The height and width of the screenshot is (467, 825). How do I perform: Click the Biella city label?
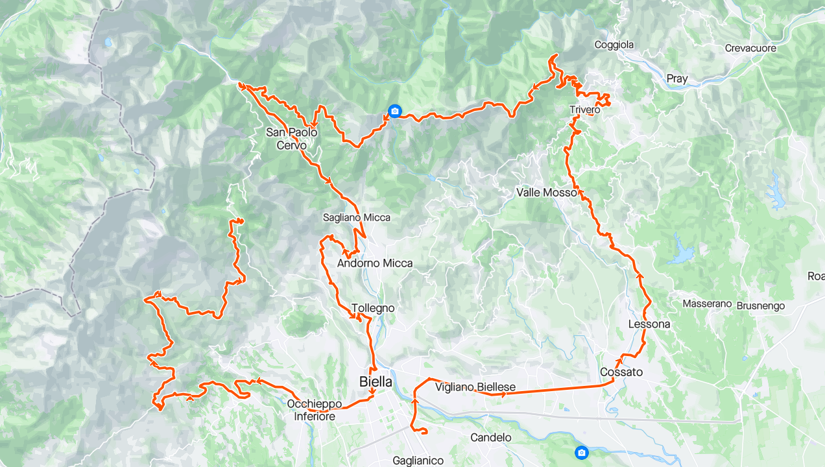pyautogui.click(x=376, y=382)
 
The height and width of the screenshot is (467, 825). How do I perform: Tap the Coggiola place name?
pyautogui.click(x=614, y=45)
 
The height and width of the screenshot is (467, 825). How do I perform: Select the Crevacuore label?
pyautogui.click(x=750, y=48)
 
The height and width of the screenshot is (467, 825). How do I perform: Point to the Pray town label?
pyautogui.click(x=677, y=78)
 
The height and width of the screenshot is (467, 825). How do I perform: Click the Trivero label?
pyautogui.click(x=584, y=110)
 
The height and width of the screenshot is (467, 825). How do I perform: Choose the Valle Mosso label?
pyautogui.click(x=546, y=193)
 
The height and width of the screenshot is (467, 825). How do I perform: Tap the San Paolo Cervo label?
pyautogui.click(x=292, y=139)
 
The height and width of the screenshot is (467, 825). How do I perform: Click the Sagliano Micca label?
pyautogui.click(x=357, y=218)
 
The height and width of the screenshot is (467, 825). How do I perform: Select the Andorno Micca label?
pyautogui.click(x=374, y=263)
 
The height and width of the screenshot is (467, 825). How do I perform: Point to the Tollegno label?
pyautogui.click(x=373, y=308)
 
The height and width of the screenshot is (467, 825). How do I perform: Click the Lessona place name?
pyautogui.click(x=649, y=324)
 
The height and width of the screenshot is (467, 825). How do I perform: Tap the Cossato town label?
pyautogui.click(x=621, y=372)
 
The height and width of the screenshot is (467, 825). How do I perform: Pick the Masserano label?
pyautogui.click(x=707, y=304)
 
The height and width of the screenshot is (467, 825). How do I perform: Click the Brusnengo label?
pyautogui.click(x=761, y=305)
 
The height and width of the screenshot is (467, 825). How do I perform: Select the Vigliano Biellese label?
pyautogui.click(x=475, y=387)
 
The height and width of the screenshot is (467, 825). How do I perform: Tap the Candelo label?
pyautogui.click(x=490, y=437)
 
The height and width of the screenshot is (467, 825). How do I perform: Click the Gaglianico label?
pyautogui.click(x=418, y=461)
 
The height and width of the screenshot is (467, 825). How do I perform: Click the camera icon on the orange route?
pyautogui.click(x=394, y=112)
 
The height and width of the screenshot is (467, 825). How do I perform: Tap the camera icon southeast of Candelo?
pyautogui.click(x=582, y=452)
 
